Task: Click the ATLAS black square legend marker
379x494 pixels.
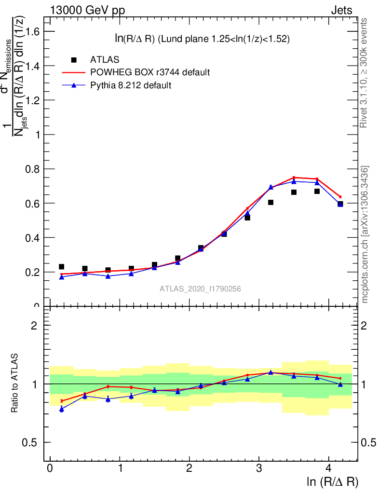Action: click(x=74, y=60)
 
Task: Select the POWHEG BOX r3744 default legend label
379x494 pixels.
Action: click(x=150, y=72)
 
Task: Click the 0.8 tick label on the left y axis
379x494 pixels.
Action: click(x=31, y=169)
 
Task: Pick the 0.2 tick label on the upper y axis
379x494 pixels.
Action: click(x=31, y=272)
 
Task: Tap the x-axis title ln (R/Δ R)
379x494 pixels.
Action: click(x=332, y=482)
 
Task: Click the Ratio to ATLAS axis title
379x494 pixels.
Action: click(x=15, y=384)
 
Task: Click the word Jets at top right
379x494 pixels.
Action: click(x=341, y=11)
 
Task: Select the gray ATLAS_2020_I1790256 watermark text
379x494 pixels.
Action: click(x=200, y=289)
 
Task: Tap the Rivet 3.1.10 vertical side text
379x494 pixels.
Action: click(x=365, y=72)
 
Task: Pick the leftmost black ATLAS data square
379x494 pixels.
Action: click(x=62, y=267)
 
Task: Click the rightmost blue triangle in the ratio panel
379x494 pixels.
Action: click(x=340, y=384)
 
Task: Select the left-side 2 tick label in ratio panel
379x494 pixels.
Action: click(x=34, y=325)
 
